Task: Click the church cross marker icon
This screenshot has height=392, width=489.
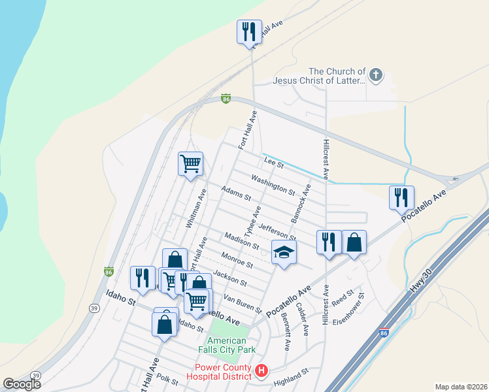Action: coord(376,75)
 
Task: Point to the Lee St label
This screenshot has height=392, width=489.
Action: coord(273,161)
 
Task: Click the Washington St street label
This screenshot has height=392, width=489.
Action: coord(273,184)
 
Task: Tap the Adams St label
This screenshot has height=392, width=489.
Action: coord(236,195)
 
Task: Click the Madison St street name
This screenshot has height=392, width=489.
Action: coord(241,241)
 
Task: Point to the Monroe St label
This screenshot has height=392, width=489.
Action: coord(237,260)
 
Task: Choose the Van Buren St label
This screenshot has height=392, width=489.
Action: coord(243,303)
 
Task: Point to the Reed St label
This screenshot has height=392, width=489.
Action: coord(343,298)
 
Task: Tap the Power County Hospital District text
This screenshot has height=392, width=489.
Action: coord(218,371)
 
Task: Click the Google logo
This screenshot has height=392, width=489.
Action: coord(21,384)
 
